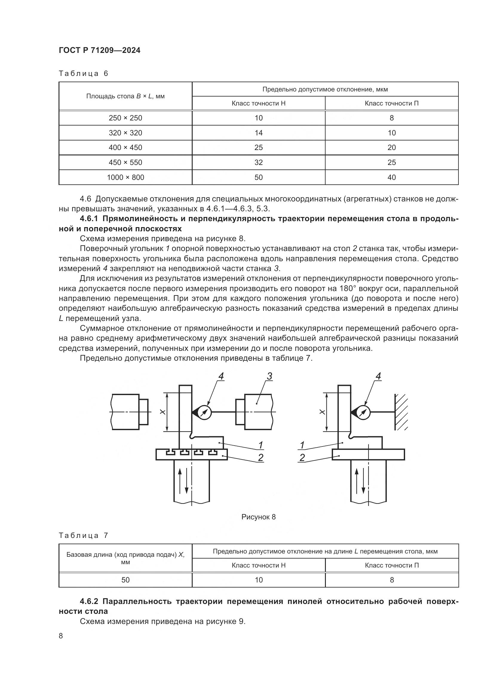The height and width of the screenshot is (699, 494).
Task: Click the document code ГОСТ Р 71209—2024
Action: pyautogui.click(x=99, y=51)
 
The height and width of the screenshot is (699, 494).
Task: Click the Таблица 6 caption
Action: pyautogui.click(x=83, y=74)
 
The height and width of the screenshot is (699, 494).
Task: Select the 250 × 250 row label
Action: pyautogui.click(x=125, y=118)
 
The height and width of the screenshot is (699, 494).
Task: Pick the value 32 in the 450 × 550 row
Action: pyautogui.click(x=258, y=162)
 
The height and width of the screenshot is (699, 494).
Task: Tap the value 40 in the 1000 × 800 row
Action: pyautogui.click(x=392, y=177)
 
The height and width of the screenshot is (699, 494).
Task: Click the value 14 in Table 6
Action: pyautogui.click(x=258, y=133)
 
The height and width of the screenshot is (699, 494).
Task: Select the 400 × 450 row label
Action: pyautogui.click(x=125, y=147)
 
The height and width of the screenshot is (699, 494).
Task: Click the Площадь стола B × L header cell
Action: pyautogui.click(x=125, y=96)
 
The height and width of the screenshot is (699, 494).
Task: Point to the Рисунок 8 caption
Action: pyautogui.click(x=258, y=517)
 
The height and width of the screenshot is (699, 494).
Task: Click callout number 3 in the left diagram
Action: pyautogui.click(x=269, y=377)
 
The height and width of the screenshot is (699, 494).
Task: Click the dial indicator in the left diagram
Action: pyautogui.click(x=204, y=412)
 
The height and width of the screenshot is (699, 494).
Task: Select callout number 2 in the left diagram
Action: pyautogui.click(x=260, y=457)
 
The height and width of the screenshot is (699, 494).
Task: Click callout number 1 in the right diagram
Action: pyautogui.click(x=302, y=445)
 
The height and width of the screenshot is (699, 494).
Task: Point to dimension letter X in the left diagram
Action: pyautogui.click(x=163, y=412)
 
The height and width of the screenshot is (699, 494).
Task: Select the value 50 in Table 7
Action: pyautogui.click(x=125, y=580)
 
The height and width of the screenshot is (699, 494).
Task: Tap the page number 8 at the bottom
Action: pyautogui.click(x=61, y=636)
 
